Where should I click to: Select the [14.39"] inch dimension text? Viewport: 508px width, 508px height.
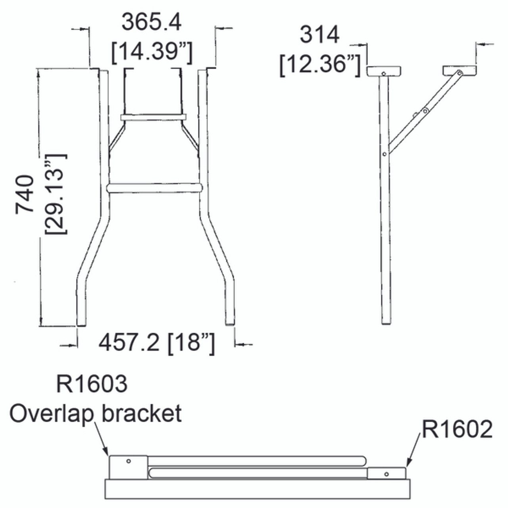152,52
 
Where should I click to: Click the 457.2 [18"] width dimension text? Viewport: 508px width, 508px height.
157,342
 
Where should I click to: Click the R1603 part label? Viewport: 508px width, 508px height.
92,384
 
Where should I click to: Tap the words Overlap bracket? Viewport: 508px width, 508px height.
96,413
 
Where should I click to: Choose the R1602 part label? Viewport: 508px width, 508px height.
457,429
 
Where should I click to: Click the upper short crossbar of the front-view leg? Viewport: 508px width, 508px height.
153,117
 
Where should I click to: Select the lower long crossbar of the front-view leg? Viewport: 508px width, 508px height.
155,188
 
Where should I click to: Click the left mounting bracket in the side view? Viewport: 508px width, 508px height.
383,71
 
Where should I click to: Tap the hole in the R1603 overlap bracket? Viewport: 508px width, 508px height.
128,461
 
